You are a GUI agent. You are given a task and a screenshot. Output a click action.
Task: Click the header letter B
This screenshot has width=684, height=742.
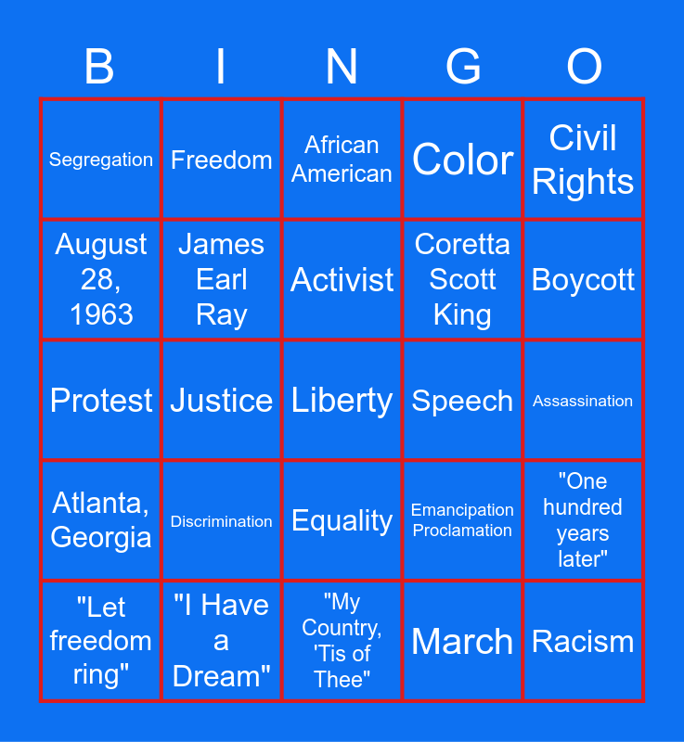coord(99,67)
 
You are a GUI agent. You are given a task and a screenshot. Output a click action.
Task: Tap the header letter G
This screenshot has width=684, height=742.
coord(463,67)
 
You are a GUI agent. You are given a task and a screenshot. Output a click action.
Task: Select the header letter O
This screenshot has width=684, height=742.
coord(584,67)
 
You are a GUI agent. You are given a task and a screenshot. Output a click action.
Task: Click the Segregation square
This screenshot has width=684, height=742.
coord(101,160)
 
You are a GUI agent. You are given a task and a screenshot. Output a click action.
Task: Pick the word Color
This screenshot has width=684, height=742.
coord(462,160)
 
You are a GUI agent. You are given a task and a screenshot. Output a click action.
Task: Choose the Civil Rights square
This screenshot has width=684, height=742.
coord(583,160)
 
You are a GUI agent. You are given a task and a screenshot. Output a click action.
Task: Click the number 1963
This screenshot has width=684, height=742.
coord(101,314)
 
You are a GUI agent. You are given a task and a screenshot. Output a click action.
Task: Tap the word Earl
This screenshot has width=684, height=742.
coord(222,279)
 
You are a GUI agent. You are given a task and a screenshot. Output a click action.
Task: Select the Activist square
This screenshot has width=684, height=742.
coord(342,280)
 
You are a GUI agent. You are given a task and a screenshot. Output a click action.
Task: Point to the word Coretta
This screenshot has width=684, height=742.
coord(462,244)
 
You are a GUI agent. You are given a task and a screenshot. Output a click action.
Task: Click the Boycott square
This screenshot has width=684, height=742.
coord(583,280)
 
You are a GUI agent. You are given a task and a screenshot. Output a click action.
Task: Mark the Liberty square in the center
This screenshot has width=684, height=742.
coord(342,401)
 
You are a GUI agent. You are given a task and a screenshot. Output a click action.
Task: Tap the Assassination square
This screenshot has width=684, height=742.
coord(583,401)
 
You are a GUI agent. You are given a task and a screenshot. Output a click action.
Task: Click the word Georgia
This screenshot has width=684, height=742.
coord(101,538)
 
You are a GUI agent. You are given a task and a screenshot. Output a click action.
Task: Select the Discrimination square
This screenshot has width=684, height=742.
coord(222,520)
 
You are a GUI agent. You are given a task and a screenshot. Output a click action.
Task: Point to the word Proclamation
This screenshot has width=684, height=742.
coord(462,531)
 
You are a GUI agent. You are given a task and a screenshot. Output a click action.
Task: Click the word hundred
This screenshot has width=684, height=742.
coord(583,507)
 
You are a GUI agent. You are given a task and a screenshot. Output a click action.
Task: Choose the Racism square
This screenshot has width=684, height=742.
coord(583,641)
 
